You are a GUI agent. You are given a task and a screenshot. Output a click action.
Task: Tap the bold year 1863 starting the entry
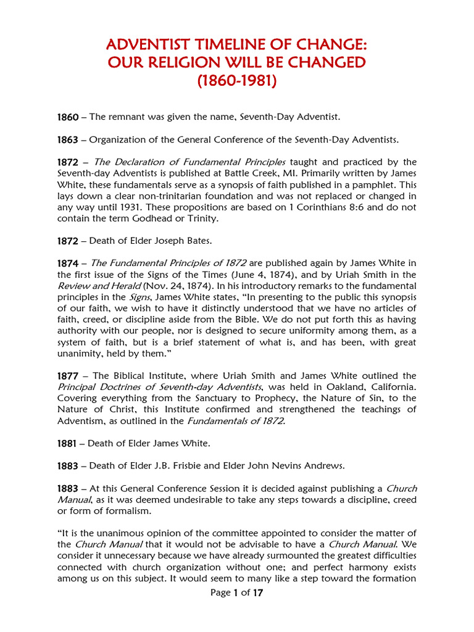click(67, 139)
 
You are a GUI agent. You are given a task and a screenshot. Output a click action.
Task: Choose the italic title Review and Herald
click(99, 285)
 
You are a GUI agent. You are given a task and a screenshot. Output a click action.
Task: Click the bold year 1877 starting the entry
click(67, 375)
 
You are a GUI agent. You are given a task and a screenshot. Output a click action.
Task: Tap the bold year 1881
click(67, 443)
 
